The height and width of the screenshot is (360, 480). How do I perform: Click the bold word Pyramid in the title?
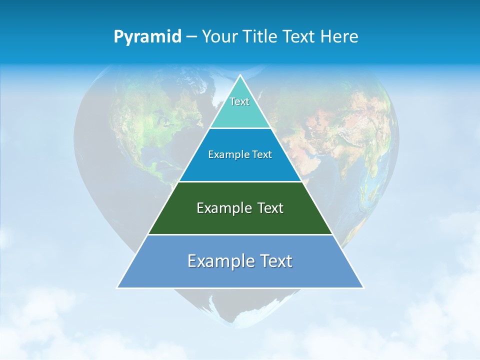tap(147, 36)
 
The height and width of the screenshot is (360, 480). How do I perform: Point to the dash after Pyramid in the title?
tap(191, 37)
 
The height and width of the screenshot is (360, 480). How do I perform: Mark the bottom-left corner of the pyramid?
tap(117, 287)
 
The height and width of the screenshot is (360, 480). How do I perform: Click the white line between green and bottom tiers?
tap(240, 234)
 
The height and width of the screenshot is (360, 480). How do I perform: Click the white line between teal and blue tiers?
tap(240, 128)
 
